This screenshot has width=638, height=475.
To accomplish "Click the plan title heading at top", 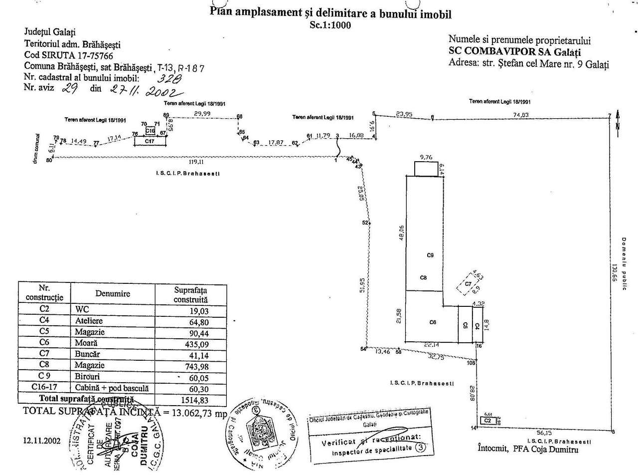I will [x=331, y=12].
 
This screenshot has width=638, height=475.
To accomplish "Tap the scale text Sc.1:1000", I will [x=330, y=25].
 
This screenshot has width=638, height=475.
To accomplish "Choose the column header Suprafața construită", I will [x=191, y=295].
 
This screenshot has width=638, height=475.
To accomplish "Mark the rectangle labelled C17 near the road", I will [x=150, y=141].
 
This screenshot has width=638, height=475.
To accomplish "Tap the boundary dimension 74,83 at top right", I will [x=521, y=115].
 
